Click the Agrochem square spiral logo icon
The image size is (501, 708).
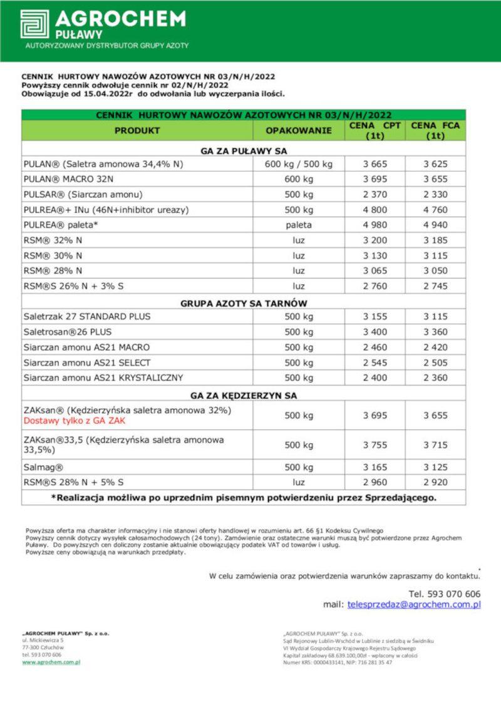[34, 24]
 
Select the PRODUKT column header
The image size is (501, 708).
[137, 131]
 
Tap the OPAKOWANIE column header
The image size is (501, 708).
[299, 131]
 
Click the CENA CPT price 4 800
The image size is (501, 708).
[375, 210]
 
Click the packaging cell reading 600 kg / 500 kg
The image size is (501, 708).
[299, 164]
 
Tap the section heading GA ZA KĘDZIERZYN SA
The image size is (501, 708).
[244, 396]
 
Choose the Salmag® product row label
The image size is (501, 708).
[43, 467]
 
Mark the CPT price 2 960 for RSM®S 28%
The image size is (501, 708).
[375, 483]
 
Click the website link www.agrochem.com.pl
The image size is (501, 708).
[51, 662]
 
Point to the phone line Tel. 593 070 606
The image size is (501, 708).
[445, 593]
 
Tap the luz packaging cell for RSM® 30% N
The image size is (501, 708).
[299, 255]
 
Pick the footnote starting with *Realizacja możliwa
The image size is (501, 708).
[244, 498]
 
